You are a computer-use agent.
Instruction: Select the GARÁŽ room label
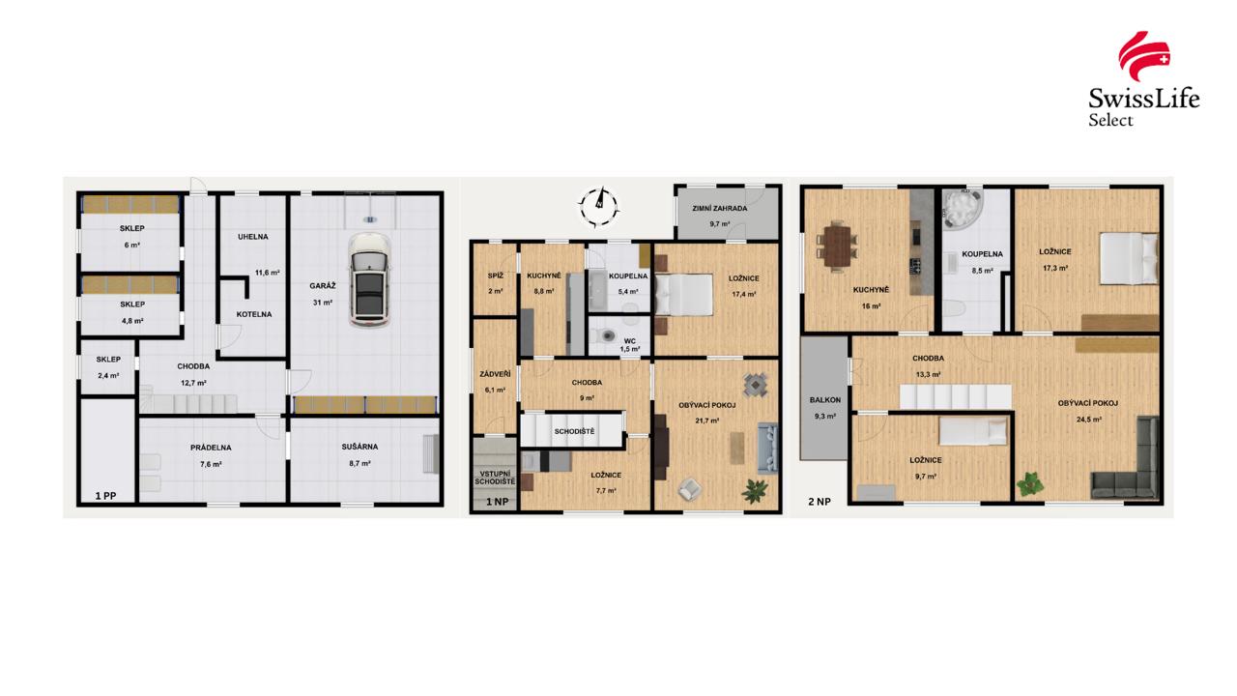click(x=323, y=286)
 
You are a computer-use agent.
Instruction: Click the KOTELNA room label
click(x=255, y=314)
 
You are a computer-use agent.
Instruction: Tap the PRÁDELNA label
click(x=211, y=448)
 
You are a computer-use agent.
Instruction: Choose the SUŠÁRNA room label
click(x=360, y=447)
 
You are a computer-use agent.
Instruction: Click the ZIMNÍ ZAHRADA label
click(x=719, y=208)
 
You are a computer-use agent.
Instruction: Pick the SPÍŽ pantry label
click(x=495, y=275)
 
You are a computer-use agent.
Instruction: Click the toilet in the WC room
click(x=607, y=336)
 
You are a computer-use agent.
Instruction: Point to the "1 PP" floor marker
click(x=105, y=496)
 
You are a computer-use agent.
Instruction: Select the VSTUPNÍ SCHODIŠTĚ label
click(x=495, y=476)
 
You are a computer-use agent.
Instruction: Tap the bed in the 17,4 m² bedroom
click(x=684, y=293)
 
